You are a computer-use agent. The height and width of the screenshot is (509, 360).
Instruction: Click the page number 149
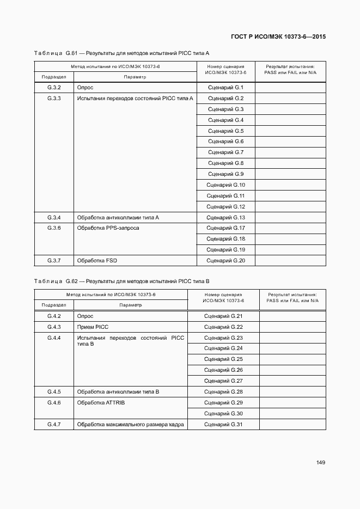click(320, 463)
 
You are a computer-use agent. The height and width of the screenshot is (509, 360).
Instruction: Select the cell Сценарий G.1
click(225, 88)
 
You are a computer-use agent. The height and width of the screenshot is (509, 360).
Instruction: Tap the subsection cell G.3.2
click(54, 88)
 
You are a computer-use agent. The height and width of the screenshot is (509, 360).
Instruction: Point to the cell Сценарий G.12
click(225, 207)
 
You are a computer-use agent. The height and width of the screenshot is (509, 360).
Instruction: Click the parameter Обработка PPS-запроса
click(108, 228)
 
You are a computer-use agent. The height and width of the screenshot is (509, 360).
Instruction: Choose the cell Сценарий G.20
click(225, 261)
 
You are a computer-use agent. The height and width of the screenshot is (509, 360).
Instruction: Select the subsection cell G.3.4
click(54, 218)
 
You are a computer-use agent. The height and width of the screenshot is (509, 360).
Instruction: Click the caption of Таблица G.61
click(121, 53)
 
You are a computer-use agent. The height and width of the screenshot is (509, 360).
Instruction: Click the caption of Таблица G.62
click(121, 281)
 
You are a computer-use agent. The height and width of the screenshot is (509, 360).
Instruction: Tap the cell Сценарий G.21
click(223, 316)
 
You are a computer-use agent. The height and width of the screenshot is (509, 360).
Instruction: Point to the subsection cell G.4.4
click(54, 338)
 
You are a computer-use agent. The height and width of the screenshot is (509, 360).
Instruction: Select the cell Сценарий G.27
click(223, 381)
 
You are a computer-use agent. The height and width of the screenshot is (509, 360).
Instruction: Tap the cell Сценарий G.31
click(223, 425)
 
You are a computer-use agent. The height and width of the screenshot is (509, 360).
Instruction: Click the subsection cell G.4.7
click(54, 425)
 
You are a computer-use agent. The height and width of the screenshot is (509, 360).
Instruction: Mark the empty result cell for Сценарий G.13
click(290, 218)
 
